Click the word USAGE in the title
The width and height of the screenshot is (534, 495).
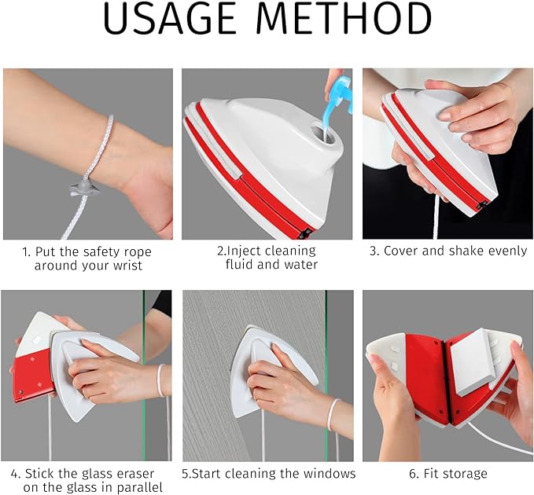point(169,18)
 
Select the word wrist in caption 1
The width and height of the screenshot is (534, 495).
point(126,266)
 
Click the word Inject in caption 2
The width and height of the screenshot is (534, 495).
point(243,251)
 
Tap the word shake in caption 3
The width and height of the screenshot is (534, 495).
point(466,251)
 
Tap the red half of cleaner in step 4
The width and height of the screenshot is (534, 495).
point(31,377)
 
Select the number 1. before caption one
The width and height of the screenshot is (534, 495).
point(26,252)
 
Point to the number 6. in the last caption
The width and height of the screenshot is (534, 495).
point(414,474)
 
